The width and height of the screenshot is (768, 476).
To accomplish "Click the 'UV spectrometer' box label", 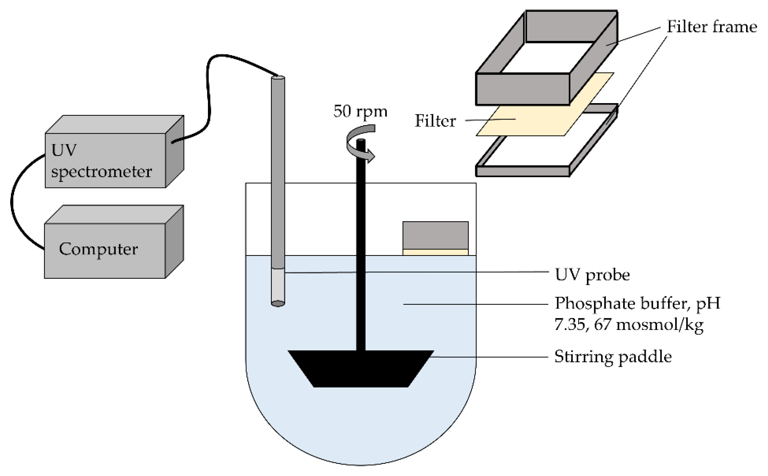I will coord(101,161).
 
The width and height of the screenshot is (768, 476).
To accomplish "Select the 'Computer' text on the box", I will coord(98,249).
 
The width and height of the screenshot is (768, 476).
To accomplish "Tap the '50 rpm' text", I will coord(360,111).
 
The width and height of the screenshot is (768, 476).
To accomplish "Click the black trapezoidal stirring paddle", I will coord(361,368).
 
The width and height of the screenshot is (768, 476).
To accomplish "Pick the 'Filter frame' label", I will coord(712,27).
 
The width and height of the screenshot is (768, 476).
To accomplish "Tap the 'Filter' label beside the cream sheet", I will coord(435,121).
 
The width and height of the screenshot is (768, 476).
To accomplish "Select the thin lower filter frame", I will coord(522,171).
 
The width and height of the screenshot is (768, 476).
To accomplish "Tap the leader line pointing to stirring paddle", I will coord(491,357).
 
